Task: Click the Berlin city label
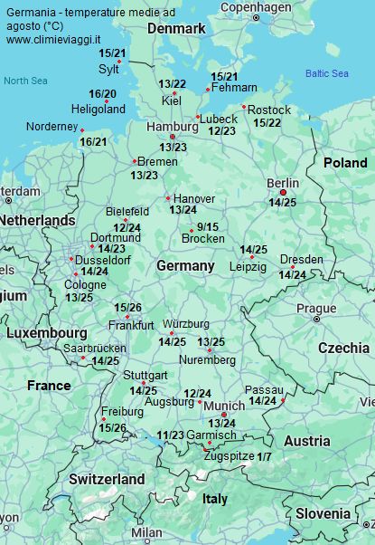(283, 183)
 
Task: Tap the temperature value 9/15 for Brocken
(208, 226)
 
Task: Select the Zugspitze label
(229, 456)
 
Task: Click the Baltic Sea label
(326, 73)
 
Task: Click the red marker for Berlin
(283, 192)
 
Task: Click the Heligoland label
(99, 109)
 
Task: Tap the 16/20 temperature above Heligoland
(102, 94)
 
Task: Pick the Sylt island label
(108, 68)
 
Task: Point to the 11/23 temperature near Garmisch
(170, 435)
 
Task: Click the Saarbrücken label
(95, 349)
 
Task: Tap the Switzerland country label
(107, 478)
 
